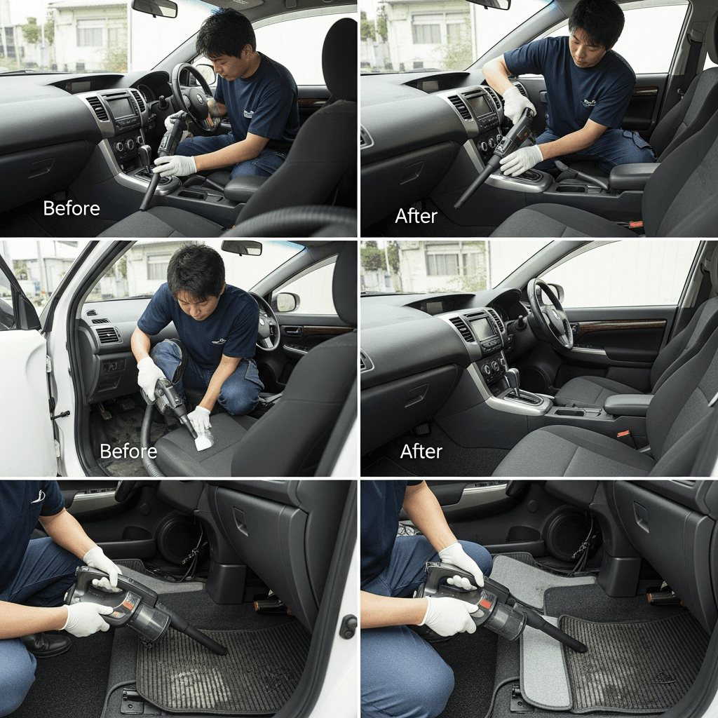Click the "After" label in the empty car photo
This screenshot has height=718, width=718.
pos(421,452)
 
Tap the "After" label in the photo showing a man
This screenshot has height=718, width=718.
pos(416,216)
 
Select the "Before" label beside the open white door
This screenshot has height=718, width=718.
pos(128,452)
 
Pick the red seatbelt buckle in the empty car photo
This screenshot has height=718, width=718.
pos(623,433)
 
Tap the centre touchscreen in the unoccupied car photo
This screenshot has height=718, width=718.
pos(482,328)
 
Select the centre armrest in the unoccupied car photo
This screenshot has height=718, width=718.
pos(628,405)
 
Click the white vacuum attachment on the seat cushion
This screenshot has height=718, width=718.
pos(204,438)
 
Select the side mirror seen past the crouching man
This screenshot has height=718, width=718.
pos(287,302)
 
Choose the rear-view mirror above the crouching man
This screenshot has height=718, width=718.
pos(242,248)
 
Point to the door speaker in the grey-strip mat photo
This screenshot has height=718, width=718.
pos(569,534)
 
